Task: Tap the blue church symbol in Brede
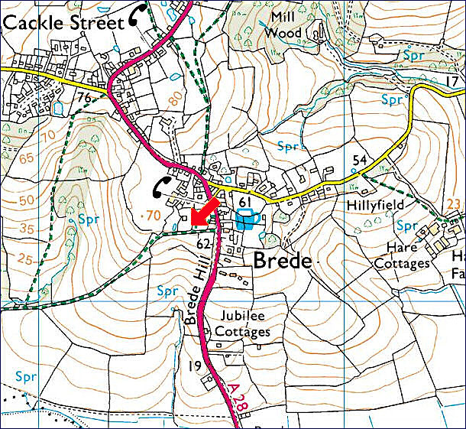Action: (245, 221)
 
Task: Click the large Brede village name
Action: (282, 261)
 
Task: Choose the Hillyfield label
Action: (375, 206)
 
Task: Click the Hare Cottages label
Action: (403, 255)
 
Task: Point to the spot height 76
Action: (85, 97)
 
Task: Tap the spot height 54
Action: (361, 159)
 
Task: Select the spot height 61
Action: (244, 201)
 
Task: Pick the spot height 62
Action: (203, 245)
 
